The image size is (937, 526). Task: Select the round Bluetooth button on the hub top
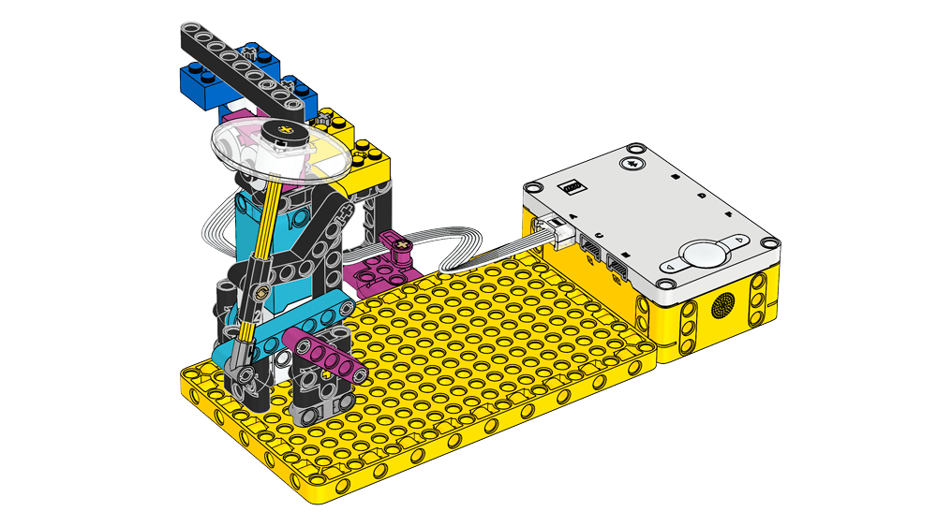pyautogui.click(x=634, y=163)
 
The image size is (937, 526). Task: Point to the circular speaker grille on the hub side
pyautogui.click(x=722, y=305)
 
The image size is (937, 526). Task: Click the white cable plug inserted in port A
pyautogui.click(x=559, y=228)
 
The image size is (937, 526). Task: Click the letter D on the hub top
pyautogui.click(x=703, y=197)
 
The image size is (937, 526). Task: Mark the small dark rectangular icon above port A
pyautogui.click(x=571, y=187)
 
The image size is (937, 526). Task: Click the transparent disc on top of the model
pyautogui.click(x=276, y=150)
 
